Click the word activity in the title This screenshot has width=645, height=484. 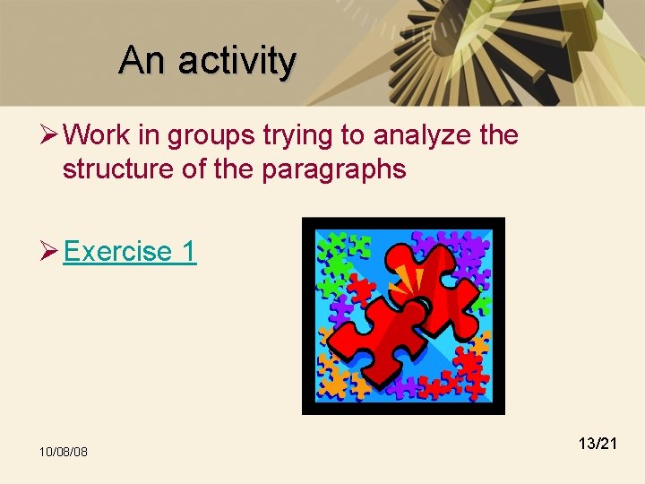236,61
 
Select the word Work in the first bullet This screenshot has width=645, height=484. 98,135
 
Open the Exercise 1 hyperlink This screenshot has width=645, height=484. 130,252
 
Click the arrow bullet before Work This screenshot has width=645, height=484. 49,135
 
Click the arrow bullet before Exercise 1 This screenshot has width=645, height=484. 49,252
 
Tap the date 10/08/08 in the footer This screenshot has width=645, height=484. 63,451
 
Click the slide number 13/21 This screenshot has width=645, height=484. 598,443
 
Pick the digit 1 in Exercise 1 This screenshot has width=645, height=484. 188,252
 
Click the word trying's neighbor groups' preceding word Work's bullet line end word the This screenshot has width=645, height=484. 499,135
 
